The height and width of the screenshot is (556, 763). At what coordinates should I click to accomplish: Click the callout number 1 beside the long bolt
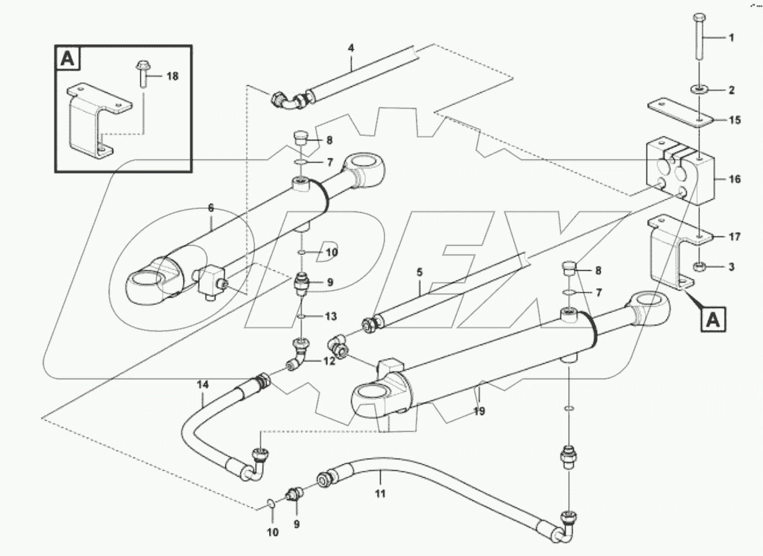(731, 38)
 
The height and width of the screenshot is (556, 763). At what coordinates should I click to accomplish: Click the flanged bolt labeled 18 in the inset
(142, 74)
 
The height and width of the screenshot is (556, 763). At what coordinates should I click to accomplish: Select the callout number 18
(172, 76)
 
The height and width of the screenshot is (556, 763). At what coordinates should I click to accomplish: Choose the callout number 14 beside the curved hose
(202, 385)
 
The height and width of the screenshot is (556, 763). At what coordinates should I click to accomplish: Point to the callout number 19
(479, 411)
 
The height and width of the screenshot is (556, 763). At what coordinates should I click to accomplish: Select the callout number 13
(330, 316)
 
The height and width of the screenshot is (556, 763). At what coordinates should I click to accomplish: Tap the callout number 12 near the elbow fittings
(329, 361)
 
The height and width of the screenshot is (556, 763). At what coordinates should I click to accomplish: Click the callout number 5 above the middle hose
(419, 272)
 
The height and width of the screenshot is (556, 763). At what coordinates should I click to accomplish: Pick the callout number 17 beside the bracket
(734, 237)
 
